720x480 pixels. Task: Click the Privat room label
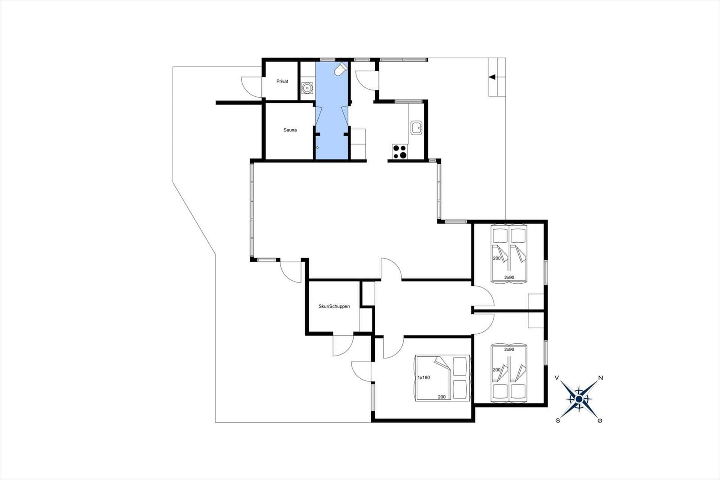(x=282, y=82)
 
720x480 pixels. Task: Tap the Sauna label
(x=290, y=130)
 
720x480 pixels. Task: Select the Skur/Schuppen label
(x=334, y=306)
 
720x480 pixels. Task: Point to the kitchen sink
(x=417, y=128)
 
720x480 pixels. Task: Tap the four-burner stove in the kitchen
(x=400, y=152)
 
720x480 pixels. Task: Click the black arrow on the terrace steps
(x=492, y=77)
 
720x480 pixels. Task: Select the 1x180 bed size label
(x=423, y=377)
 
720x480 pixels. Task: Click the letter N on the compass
(x=600, y=378)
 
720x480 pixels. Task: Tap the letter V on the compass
(x=557, y=378)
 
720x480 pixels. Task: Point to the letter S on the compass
(x=558, y=421)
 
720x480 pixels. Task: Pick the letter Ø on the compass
(x=600, y=421)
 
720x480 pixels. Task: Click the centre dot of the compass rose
(x=579, y=399)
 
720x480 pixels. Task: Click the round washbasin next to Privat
(x=306, y=87)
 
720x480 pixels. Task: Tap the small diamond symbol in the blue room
(x=317, y=148)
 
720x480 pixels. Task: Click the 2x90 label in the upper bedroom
(x=509, y=277)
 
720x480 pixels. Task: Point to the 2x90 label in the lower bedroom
(x=509, y=349)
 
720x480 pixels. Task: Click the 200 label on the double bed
(x=441, y=397)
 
